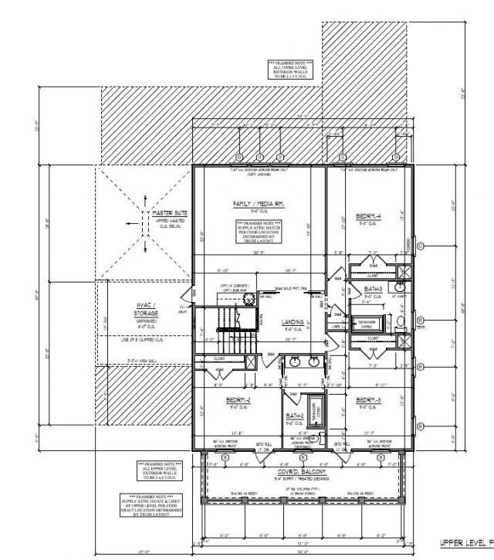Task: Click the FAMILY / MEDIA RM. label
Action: [x=259, y=204]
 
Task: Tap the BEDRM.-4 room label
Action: [x=366, y=217]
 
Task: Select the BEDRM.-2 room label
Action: [x=236, y=400]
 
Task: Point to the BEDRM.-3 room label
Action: [x=367, y=400]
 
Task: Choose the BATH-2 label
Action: [x=293, y=417]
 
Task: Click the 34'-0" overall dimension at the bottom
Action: [x=307, y=552]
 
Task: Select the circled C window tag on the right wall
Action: [x=421, y=246]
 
